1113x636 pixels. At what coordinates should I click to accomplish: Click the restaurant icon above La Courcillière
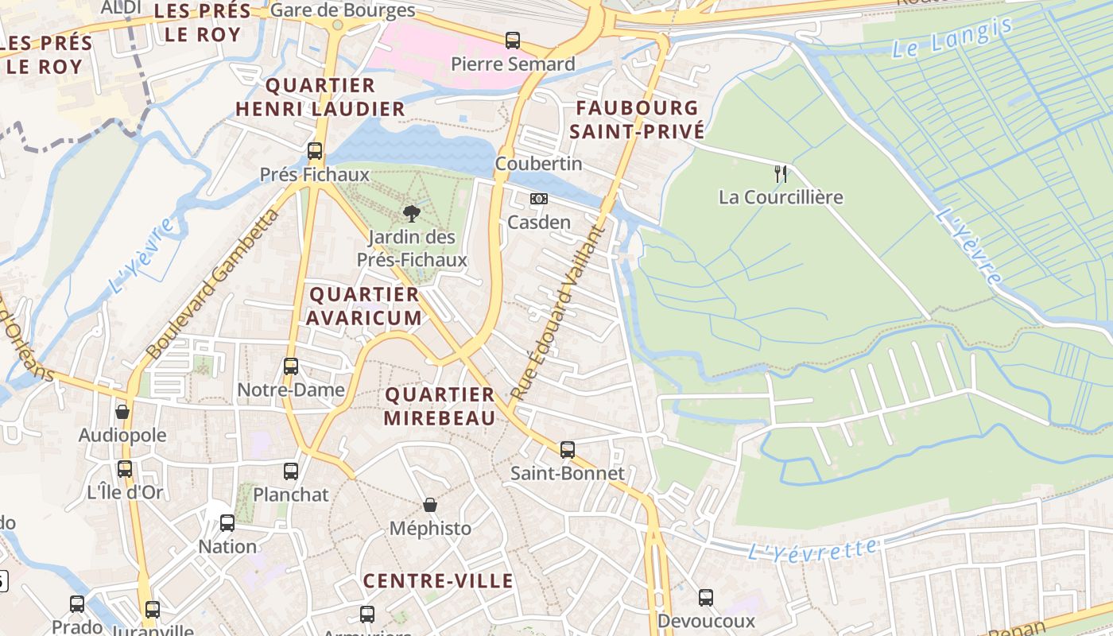(x=781, y=173)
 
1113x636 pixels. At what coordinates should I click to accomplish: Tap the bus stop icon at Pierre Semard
(x=513, y=40)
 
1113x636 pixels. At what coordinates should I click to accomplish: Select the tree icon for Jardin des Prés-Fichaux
(x=411, y=213)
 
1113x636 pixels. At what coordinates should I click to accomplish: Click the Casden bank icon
(x=539, y=199)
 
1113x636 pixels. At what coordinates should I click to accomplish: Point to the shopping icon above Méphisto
(x=430, y=505)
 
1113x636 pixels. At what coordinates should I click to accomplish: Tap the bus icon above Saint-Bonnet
(x=568, y=450)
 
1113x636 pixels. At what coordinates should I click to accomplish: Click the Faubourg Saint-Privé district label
(x=637, y=119)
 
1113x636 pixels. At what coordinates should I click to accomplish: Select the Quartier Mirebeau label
(x=440, y=406)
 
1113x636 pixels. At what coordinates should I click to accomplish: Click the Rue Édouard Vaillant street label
(x=557, y=313)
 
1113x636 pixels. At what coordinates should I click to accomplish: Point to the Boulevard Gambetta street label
(x=212, y=284)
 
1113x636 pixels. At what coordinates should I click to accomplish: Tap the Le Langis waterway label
(x=952, y=38)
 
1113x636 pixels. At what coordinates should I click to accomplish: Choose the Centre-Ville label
(x=438, y=581)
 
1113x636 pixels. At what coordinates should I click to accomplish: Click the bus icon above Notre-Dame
(x=291, y=366)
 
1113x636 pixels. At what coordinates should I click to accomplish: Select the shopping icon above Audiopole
(x=122, y=412)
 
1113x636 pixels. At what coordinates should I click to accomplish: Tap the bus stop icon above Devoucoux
(x=706, y=598)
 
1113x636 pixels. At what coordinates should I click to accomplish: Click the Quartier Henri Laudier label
(x=320, y=97)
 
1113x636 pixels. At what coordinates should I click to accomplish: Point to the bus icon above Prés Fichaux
(x=315, y=151)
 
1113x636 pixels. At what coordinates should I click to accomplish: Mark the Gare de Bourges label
(x=343, y=10)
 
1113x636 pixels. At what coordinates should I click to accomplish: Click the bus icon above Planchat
(x=291, y=471)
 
